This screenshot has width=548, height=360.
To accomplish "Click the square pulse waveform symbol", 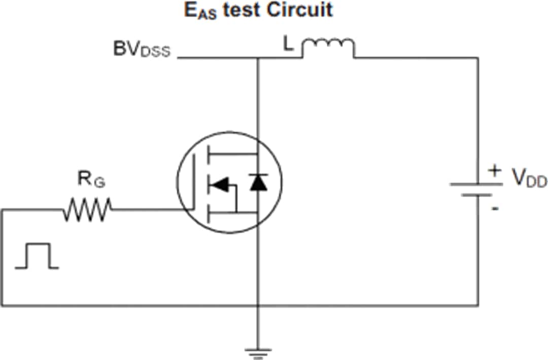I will (37, 256).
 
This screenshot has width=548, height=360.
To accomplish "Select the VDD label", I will (529, 178).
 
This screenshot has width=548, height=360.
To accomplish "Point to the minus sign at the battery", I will (495, 208).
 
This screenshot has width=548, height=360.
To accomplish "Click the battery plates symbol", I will (476, 189).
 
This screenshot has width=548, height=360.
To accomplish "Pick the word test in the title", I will (244, 10).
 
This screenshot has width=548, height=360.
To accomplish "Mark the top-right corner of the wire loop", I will (477, 58).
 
